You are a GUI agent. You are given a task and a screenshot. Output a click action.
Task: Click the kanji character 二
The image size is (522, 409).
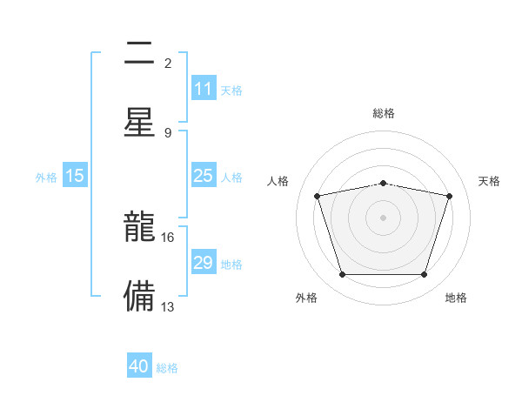pos(140,54)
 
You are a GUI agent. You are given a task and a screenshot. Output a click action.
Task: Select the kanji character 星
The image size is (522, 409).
pos(140,121)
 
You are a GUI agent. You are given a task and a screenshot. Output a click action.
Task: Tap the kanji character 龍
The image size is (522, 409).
pos(140,228)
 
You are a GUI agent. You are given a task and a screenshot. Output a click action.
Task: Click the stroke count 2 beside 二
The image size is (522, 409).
pos(168,63)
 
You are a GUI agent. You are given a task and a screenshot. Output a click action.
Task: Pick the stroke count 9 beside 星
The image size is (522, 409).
pos(168,132)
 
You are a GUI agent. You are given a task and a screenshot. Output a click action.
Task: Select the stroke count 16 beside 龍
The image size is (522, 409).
pos(168,237)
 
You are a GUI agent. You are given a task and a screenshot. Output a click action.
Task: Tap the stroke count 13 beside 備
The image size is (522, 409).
pos(168,306)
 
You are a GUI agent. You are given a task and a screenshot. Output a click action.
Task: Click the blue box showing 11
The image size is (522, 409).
pos(204,89)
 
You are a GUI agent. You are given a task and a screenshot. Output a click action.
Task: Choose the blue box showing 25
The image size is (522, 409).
pos(204,176)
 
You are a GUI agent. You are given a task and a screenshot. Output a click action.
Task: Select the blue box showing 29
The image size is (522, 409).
pos(204,263)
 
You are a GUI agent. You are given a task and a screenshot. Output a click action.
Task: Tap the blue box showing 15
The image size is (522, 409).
pos(75,176)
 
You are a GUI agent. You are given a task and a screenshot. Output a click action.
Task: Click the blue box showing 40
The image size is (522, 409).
pos(139,366)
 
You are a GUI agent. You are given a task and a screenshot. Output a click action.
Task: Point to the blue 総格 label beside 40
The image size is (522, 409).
pos(168,368)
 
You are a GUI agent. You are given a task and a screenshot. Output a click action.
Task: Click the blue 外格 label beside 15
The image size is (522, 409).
pos(46,178)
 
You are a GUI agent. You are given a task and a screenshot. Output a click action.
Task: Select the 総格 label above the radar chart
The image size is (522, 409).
pos(384,113)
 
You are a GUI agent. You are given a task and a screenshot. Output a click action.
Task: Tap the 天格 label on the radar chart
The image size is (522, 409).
pos(489,181)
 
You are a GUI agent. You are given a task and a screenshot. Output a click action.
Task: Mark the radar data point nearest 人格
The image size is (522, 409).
pos(318,196)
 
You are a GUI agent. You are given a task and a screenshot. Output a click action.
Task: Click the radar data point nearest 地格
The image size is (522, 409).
pos(424,275)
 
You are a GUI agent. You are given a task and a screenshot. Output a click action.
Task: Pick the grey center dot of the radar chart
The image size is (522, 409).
pos(383,218)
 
